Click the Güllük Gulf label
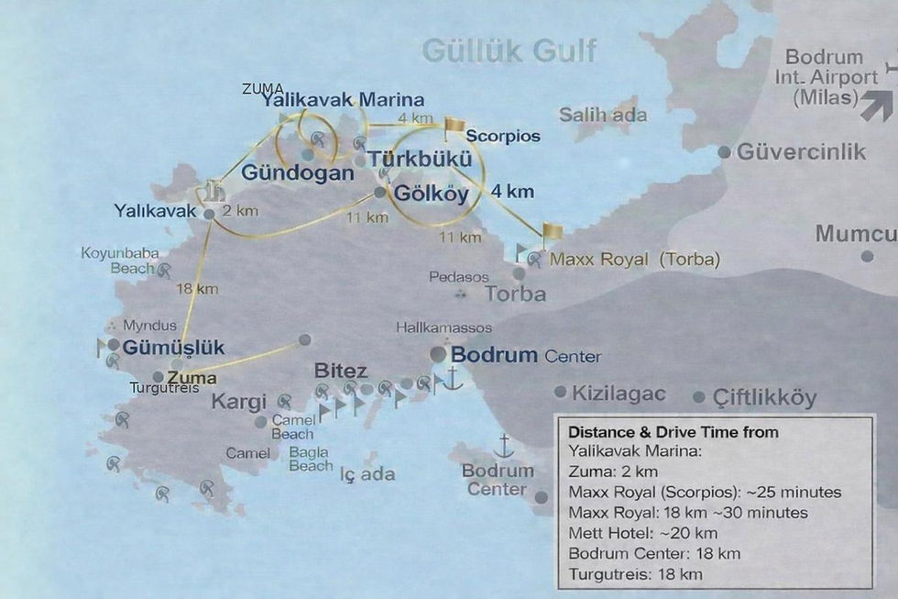coord(509,51)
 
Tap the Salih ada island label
coord(603,116)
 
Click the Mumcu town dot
coord(867,256)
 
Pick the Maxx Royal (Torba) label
coord(634,260)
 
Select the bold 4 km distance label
coord(511,193)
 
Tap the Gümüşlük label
coord(173,348)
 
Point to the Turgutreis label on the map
coord(163,388)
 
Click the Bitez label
coord(341,372)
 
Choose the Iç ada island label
coord(367,474)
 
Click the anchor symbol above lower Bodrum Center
coord(503,447)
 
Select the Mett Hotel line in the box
coord(642,533)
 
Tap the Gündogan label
coord(297,172)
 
